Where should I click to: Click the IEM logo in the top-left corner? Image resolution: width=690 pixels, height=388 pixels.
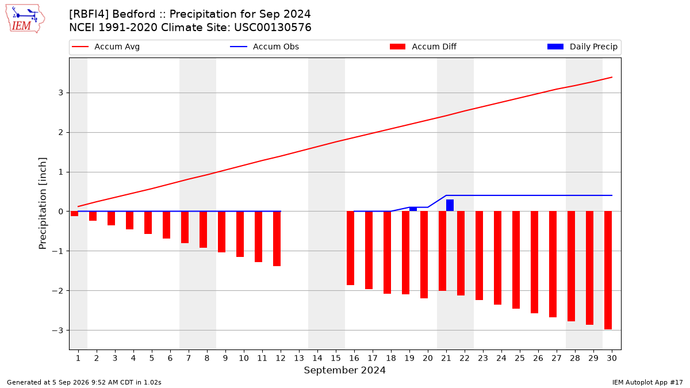[25, 19]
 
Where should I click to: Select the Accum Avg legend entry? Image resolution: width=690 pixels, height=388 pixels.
[106, 47]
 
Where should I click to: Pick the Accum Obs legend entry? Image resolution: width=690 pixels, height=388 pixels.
[264, 47]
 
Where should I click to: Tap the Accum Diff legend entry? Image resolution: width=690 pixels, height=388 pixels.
[423, 47]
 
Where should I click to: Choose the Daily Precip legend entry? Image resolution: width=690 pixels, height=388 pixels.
[582, 47]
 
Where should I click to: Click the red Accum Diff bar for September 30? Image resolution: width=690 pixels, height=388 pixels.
[608, 270]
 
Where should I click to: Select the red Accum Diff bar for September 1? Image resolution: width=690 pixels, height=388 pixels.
[74, 213]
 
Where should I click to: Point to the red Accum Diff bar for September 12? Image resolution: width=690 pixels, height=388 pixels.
[277, 239]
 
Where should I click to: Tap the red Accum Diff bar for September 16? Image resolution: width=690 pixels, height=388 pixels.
[350, 248]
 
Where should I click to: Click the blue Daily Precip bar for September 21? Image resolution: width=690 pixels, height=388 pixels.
[450, 205]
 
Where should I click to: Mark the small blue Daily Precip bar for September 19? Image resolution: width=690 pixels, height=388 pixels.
[413, 209]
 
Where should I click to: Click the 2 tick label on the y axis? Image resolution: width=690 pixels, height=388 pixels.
[61, 132]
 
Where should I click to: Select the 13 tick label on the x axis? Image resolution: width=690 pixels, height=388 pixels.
[299, 358]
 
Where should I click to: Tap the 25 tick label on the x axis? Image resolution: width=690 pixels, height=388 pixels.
[520, 358]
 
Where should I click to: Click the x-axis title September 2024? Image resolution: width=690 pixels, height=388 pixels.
[344, 370]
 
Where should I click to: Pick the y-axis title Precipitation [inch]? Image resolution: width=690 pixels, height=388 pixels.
[43, 203]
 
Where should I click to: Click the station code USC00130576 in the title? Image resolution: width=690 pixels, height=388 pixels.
[273, 28]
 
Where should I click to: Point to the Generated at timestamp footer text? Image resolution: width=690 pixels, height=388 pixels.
[84, 382]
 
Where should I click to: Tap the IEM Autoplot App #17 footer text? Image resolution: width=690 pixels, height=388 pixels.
[647, 382]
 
